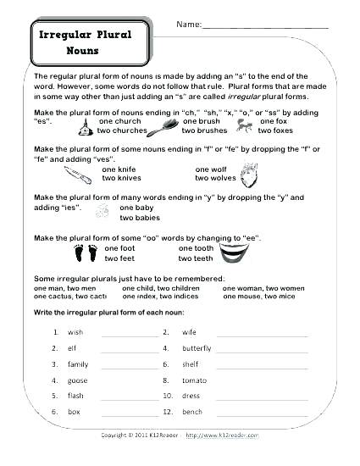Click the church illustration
point(85,127)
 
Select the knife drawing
point(78,175)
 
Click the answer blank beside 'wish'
point(130,334)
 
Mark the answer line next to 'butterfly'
point(262,349)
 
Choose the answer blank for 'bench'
point(262,413)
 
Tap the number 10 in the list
point(168,397)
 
